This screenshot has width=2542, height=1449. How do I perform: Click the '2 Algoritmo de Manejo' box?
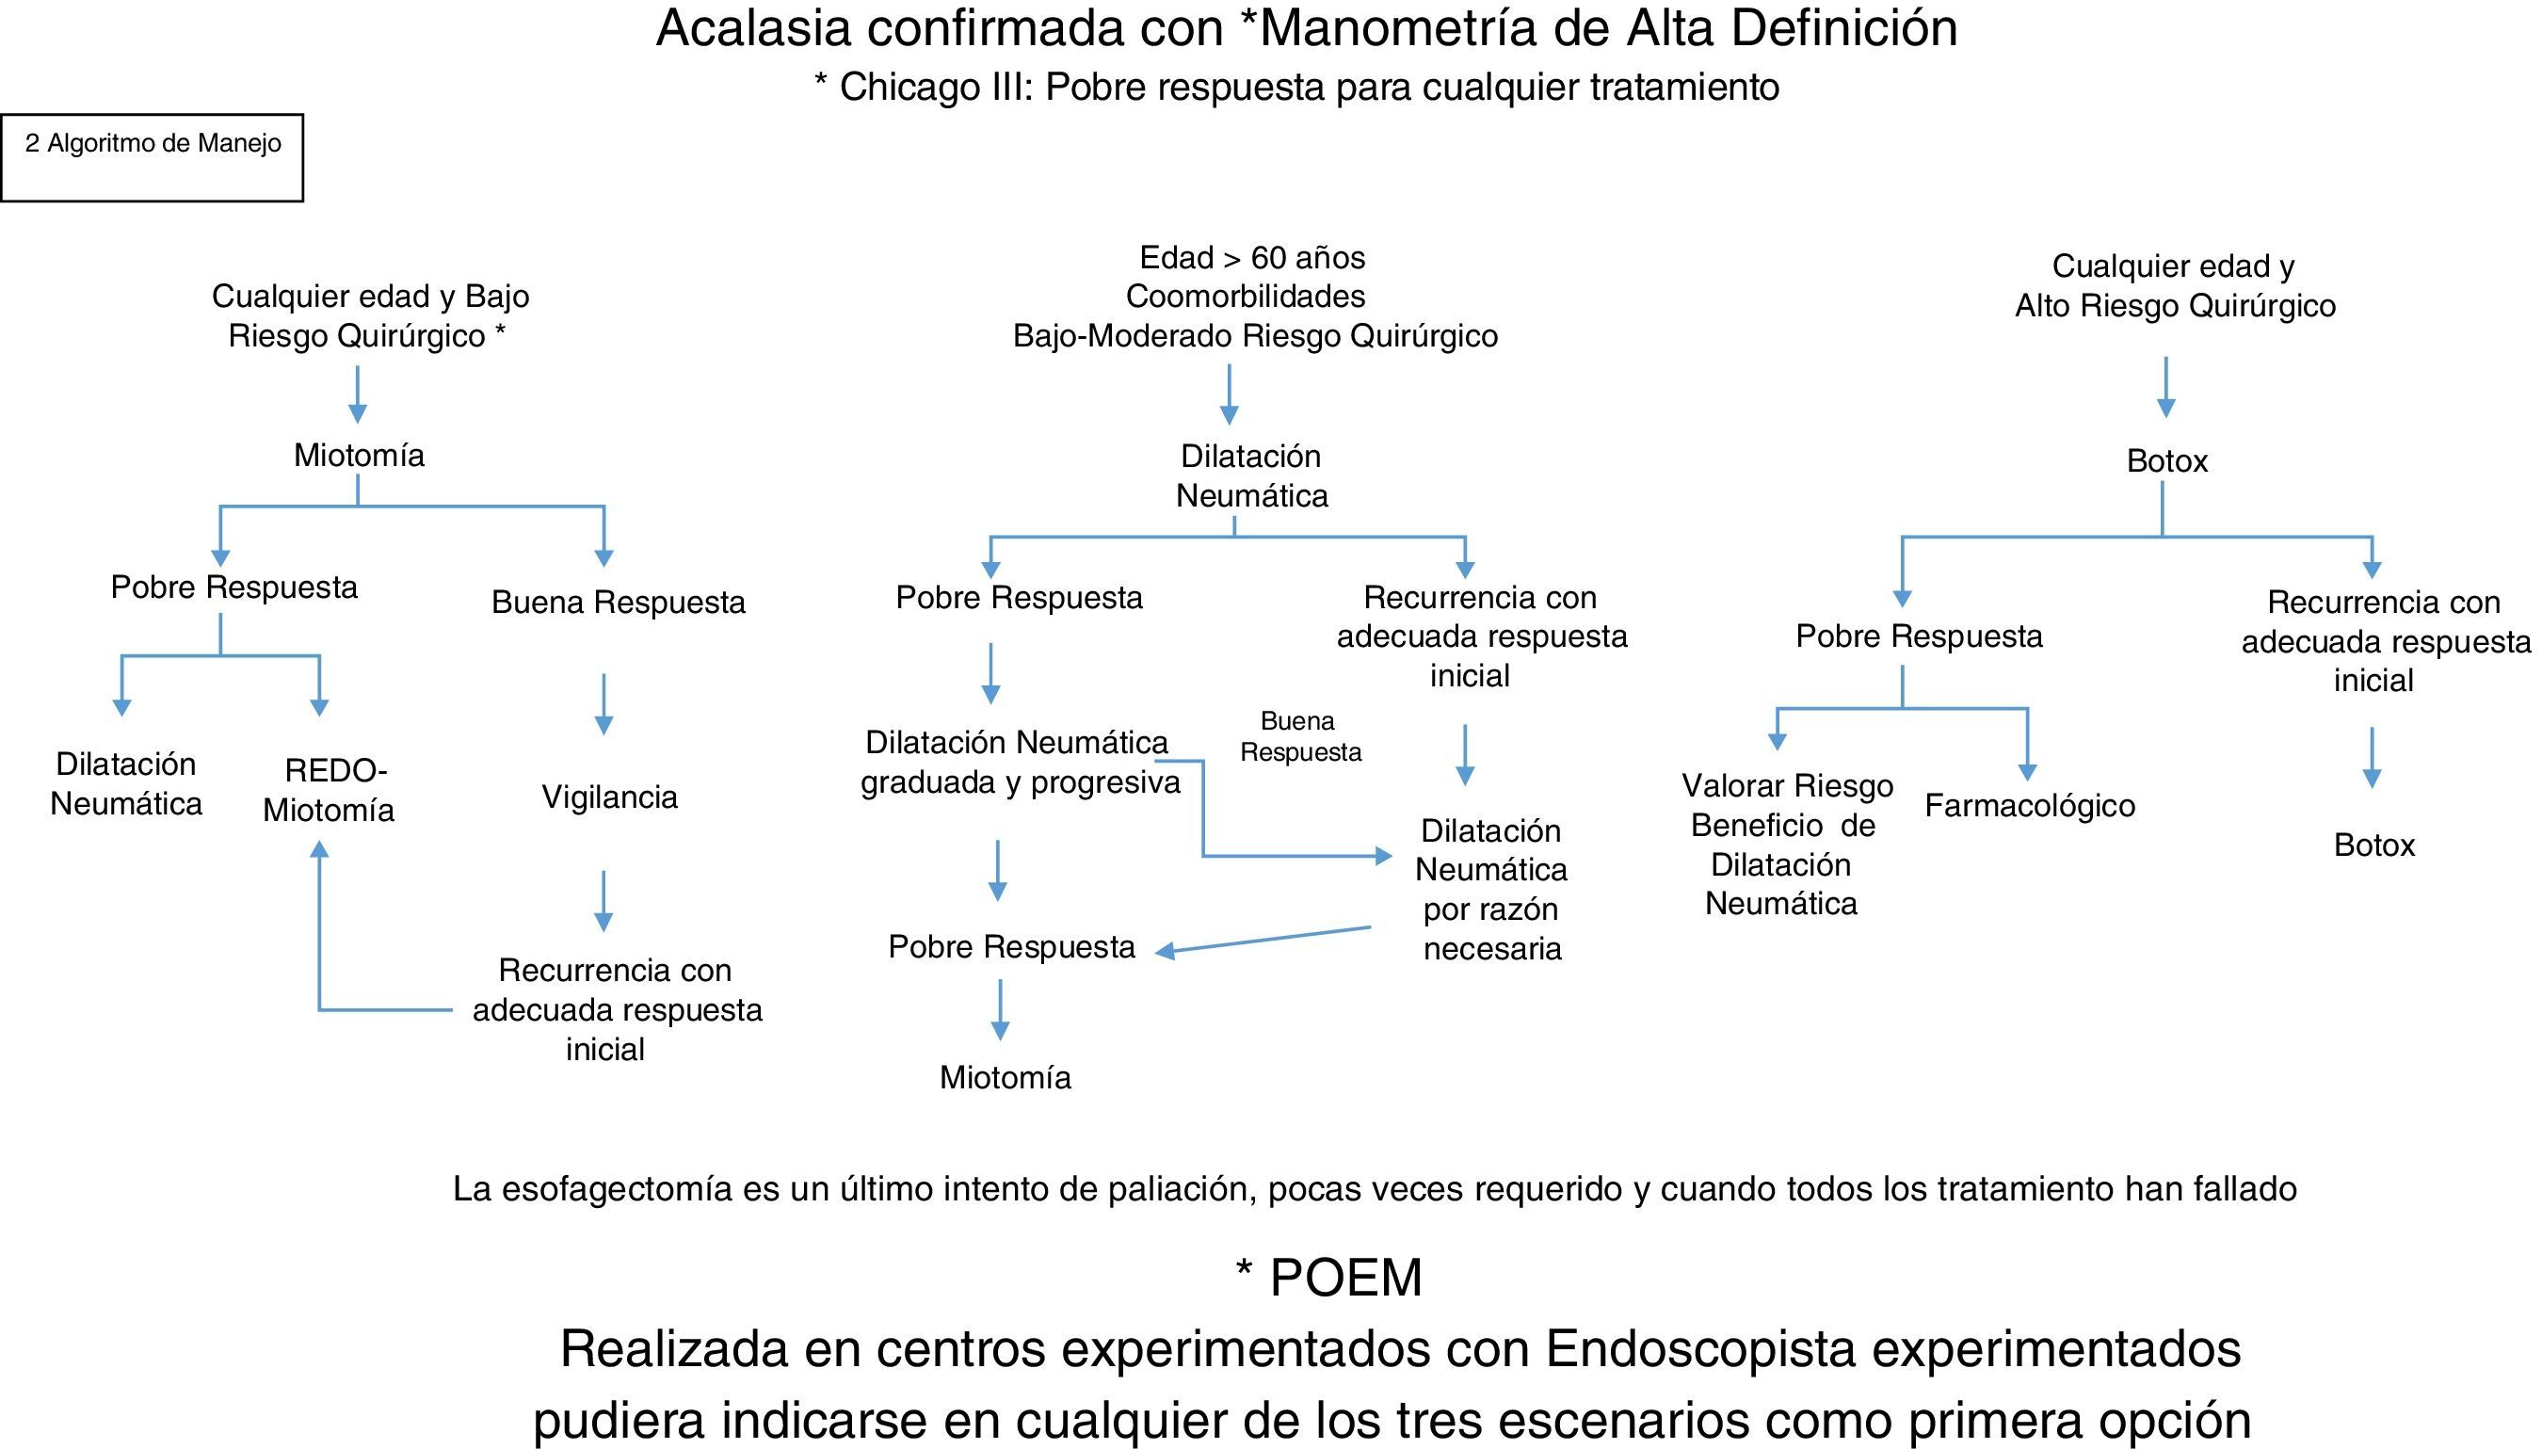tap(153, 157)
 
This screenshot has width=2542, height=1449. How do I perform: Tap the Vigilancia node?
tap(609, 797)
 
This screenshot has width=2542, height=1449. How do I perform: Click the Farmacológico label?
tap(2030, 805)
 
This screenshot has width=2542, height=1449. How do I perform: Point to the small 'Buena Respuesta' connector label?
tap(1299, 736)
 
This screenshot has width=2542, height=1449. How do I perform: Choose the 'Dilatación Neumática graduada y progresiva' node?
tap(1019, 763)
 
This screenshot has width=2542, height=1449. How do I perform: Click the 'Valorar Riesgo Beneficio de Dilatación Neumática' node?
tap(1785, 845)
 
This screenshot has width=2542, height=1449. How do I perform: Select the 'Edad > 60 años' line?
tap(1251, 258)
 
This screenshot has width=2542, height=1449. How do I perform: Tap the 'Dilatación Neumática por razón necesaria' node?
tap(1490, 890)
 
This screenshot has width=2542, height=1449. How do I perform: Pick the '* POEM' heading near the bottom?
tap(1329, 1277)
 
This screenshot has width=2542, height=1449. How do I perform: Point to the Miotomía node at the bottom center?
tap(1005, 1078)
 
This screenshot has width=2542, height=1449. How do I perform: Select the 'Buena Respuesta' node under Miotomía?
tap(618, 602)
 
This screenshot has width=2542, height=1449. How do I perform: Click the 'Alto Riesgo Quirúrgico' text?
tap(2175, 306)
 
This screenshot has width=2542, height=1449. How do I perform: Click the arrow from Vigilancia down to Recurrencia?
tap(603, 901)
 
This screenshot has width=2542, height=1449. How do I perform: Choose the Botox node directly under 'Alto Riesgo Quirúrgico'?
tap(2166, 460)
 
